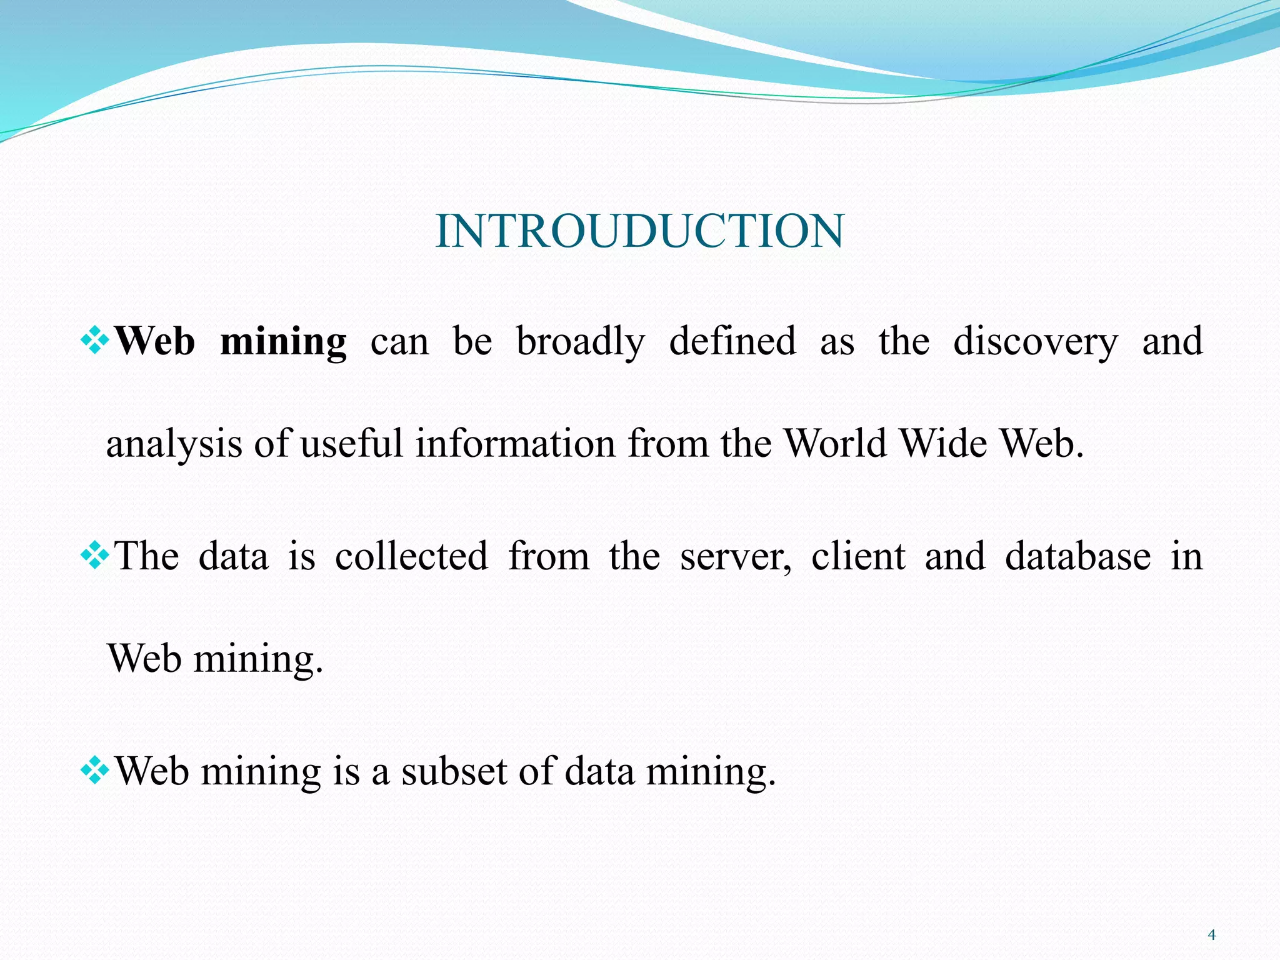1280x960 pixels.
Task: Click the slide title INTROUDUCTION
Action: click(639, 231)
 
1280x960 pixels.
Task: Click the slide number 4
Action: click(1212, 935)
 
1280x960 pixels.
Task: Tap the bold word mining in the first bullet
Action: click(283, 342)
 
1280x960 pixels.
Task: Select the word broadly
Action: click(580, 342)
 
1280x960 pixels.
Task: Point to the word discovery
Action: click(1035, 342)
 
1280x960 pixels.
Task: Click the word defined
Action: click(732, 342)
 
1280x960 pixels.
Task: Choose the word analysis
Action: click(174, 444)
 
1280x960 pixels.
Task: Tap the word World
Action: click(835, 443)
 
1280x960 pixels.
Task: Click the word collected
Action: click(411, 556)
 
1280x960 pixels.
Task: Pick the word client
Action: click(857, 556)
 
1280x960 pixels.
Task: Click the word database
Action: click(1077, 556)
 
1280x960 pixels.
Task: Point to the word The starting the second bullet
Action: click(147, 556)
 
